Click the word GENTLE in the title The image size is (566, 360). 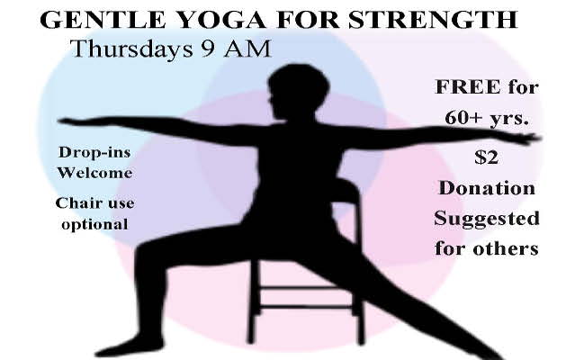[x=103, y=20]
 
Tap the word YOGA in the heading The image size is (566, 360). [x=221, y=20]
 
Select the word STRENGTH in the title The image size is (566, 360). [x=433, y=20]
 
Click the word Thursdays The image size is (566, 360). [x=131, y=49]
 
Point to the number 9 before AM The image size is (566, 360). [x=208, y=49]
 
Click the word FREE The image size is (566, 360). [x=468, y=87]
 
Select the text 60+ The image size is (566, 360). [x=463, y=117]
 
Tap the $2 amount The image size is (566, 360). [x=486, y=157]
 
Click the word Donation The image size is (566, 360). [x=486, y=188]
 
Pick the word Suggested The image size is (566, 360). [x=487, y=220]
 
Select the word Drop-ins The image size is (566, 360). [x=94, y=152]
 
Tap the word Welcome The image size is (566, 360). [x=94, y=173]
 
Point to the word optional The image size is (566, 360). [x=94, y=225]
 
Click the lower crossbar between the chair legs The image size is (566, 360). [x=307, y=307]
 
